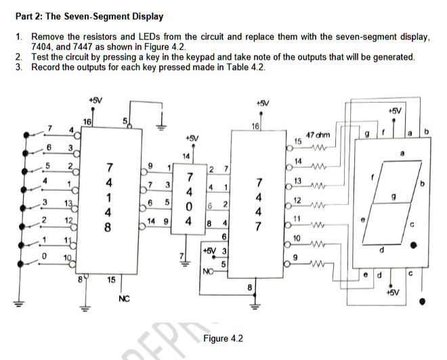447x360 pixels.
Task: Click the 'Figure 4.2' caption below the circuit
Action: pyautogui.click(x=223, y=338)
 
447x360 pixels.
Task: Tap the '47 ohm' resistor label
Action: pyautogui.click(x=318, y=136)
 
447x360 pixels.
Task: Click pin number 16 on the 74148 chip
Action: pyautogui.click(x=86, y=121)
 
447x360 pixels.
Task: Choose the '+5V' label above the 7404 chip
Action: pyautogui.click(x=194, y=137)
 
